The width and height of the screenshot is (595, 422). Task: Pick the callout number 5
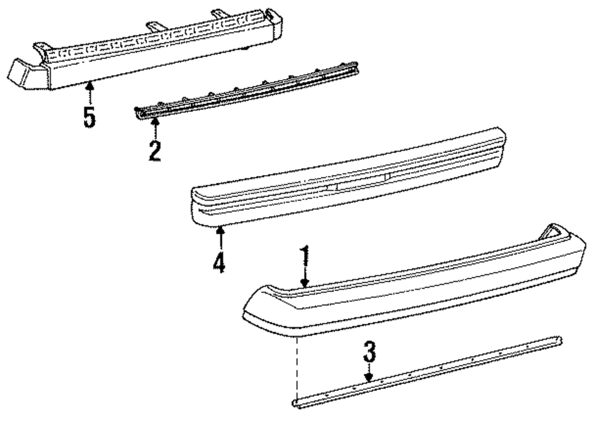point(89,115)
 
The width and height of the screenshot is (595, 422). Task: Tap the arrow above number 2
point(155,126)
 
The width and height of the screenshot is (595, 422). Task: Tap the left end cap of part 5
point(24,74)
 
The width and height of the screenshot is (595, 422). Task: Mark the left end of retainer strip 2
point(139,111)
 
